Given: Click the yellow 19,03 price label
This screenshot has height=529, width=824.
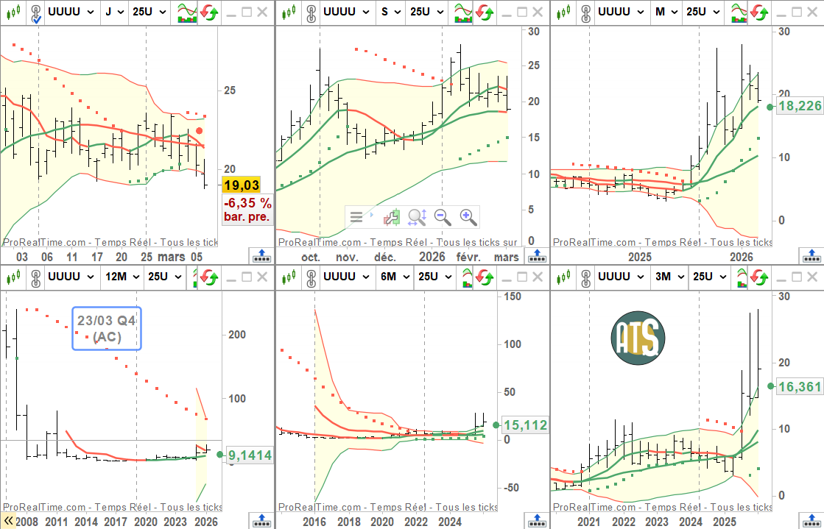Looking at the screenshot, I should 242,185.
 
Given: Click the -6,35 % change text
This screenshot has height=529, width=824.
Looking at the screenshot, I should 247,202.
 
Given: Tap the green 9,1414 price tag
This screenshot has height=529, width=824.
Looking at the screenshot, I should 249,455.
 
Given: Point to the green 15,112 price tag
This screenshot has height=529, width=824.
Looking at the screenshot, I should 524,425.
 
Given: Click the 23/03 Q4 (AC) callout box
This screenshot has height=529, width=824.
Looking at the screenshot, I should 107,329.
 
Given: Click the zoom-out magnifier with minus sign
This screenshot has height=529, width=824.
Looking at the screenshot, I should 443,217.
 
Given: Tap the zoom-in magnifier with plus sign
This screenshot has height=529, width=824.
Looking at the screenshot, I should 468,217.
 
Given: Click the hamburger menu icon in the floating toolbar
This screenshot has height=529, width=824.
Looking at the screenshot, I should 357,217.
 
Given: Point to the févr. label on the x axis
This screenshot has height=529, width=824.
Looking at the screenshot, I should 468,258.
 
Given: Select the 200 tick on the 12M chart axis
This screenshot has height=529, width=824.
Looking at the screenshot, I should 236,334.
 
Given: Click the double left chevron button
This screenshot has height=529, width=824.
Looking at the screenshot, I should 8,521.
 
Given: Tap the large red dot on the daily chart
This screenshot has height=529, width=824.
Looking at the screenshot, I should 199,131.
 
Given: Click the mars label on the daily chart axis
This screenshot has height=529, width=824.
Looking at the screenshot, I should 172,258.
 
